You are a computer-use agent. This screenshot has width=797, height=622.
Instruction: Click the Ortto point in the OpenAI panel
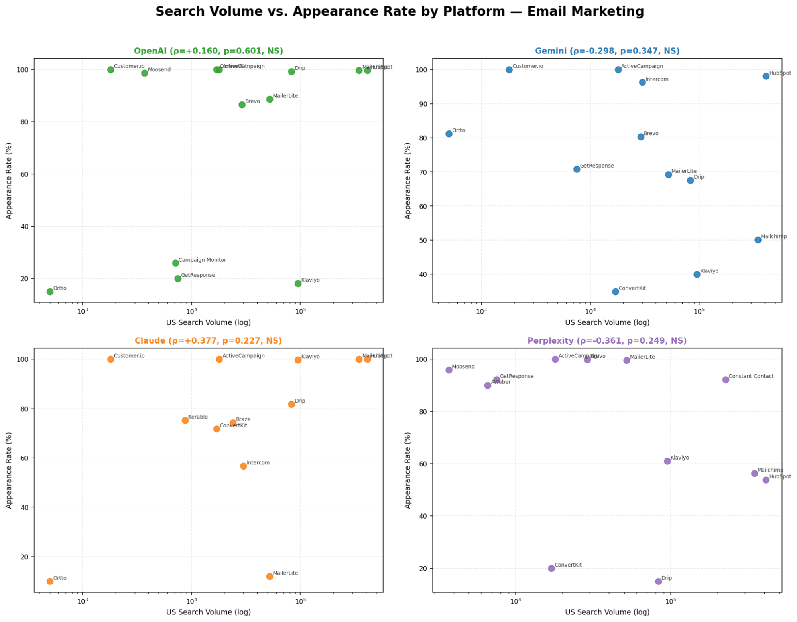coord(50,292)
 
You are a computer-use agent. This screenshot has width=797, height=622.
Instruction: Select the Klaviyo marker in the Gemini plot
coord(697,274)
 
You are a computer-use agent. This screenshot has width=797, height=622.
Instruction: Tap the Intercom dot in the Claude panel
coord(243,466)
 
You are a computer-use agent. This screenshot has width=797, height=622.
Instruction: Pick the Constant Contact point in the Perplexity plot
coord(725,380)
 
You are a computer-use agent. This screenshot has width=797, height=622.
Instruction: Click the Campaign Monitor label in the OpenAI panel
coord(202,260)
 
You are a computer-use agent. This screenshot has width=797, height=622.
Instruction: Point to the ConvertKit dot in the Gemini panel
coord(615,292)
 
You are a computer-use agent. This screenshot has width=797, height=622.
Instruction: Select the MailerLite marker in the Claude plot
coord(270,577)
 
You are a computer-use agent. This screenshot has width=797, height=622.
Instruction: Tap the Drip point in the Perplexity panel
coord(658,581)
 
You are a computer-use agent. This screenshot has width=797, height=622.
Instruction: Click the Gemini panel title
coord(607,51)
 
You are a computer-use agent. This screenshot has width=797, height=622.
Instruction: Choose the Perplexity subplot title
coord(607,341)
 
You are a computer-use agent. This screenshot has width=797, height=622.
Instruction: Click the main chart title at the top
coord(399,12)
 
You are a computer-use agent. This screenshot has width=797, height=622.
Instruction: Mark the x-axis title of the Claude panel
coord(208,612)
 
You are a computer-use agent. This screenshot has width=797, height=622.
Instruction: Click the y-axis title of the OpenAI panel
coord(9,181)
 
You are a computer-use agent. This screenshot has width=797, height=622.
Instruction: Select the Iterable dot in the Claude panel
coord(185,421)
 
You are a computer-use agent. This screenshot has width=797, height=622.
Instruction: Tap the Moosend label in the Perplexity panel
coord(463,367)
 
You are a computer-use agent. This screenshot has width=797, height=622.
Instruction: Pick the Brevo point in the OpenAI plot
coord(242,105)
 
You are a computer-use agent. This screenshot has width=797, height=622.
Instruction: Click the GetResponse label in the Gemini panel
coord(596,166)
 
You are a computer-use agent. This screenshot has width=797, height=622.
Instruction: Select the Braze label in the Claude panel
coord(243,420)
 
